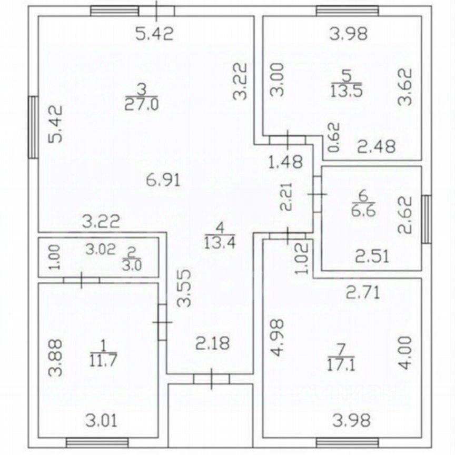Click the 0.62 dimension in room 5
[x=334, y=138]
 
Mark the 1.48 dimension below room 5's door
[x=285, y=161]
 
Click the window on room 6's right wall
[x=427, y=219]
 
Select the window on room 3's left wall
[x=34, y=127]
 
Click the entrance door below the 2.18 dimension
[x=211, y=379]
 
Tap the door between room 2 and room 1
[x=82, y=280]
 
